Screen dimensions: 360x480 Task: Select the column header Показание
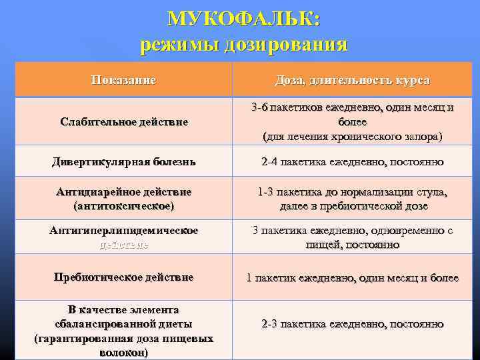tap(124, 80)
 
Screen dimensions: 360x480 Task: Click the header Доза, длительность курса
tap(353, 80)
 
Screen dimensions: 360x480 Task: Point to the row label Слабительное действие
tap(124, 122)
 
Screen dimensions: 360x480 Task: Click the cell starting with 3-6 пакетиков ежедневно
tap(353, 122)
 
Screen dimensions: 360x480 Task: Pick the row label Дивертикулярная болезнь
tap(124, 161)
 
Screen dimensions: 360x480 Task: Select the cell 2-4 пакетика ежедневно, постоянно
tap(353, 161)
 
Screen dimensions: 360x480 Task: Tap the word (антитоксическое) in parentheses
tap(124, 206)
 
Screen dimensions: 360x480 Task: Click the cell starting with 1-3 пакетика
tap(353, 199)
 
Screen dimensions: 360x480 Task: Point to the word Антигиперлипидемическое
tap(124, 231)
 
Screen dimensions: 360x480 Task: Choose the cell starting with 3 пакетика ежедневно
tap(353, 237)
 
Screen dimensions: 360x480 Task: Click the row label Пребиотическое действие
tap(124, 277)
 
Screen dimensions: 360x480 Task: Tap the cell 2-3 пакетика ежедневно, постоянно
tap(353, 324)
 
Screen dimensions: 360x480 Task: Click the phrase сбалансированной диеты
tap(124, 324)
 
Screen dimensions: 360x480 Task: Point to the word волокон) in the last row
tap(124, 351)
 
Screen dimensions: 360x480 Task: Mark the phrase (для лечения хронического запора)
tap(353, 137)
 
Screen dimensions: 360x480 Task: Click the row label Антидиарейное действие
tap(124, 192)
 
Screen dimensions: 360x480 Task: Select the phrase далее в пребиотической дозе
tap(353, 206)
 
